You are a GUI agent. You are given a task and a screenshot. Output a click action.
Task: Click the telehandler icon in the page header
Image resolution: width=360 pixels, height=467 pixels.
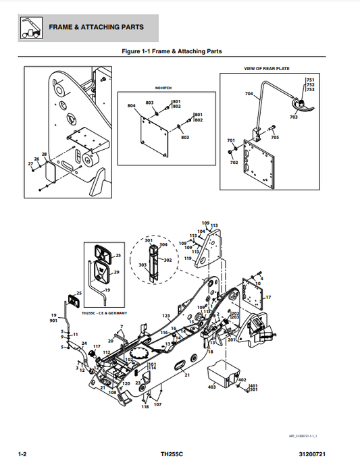[28, 28]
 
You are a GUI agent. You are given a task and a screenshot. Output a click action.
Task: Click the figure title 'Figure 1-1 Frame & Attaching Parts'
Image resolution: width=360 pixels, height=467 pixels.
[171, 51]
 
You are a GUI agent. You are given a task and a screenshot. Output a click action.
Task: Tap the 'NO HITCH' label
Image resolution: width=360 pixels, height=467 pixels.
[163, 88]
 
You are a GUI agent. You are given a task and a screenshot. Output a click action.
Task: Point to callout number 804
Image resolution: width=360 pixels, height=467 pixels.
[131, 106]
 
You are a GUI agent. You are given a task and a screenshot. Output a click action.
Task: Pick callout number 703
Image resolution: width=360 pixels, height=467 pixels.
[294, 117]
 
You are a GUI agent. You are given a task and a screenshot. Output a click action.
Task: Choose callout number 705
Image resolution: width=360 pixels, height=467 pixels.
[275, 137]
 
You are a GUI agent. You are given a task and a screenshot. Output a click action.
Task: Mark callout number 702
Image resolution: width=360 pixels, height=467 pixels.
[234, 163]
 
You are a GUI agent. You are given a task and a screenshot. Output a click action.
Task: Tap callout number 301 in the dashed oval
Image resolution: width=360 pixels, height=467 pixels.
[149, 240]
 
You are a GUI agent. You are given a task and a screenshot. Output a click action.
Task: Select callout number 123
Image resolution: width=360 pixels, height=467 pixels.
[165, 316]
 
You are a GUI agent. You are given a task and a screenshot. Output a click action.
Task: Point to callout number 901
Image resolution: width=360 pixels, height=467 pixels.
[53, 321]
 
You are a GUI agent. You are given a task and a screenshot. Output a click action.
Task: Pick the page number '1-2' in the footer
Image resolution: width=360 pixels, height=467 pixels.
[22, 454]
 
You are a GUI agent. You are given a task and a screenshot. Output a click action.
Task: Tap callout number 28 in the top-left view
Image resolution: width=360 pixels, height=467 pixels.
[44, 155]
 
